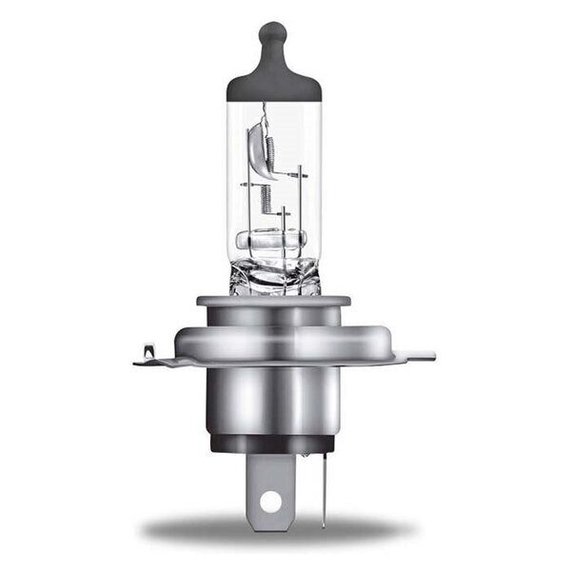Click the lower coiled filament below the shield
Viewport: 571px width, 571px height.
click(266, 198)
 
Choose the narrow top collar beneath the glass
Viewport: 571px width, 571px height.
click(273, 303)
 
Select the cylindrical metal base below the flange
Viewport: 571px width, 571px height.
click(273, 400)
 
